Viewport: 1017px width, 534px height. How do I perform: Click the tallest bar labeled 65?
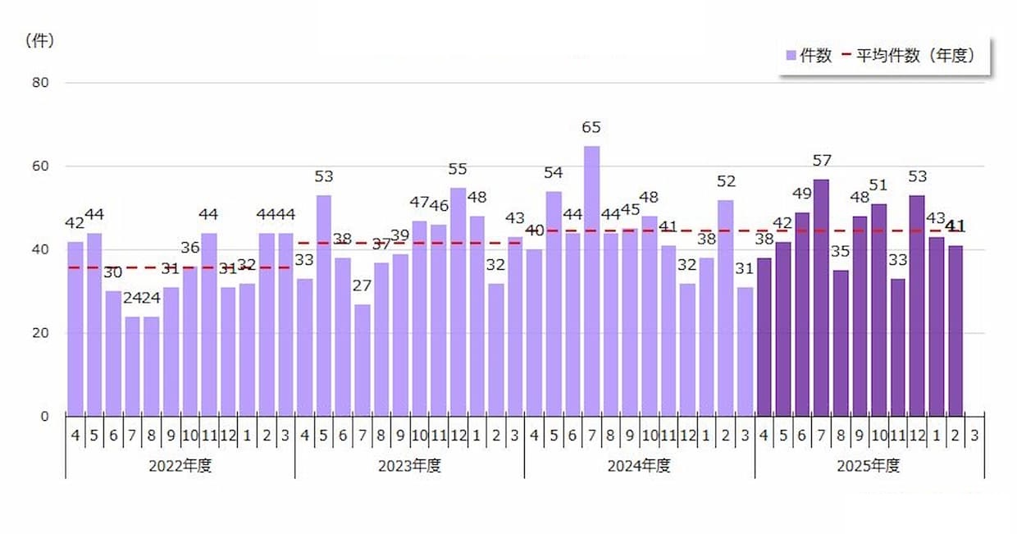coord(591,281)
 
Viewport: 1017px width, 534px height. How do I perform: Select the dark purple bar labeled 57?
coord(821,297)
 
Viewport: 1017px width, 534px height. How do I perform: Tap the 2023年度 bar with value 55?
coord(458,301)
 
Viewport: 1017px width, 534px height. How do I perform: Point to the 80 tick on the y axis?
coord(40,83)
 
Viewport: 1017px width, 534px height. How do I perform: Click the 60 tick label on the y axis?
coord(40,167)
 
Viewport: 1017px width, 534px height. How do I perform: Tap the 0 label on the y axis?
coord(44,416)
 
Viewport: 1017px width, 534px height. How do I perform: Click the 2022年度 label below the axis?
coord(180,466)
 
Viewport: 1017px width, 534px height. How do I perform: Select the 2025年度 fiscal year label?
coord(869,466)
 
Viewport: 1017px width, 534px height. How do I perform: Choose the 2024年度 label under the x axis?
coord(639,466)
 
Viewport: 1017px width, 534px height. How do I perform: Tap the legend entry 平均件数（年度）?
coord(914,56)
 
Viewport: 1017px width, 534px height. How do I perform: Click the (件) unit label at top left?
coord(39,40)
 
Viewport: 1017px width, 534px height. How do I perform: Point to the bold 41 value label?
coord(955,226)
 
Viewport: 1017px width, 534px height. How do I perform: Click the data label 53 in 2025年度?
coord(917,176)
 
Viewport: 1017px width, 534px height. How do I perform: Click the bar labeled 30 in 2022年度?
coord(113,353)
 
